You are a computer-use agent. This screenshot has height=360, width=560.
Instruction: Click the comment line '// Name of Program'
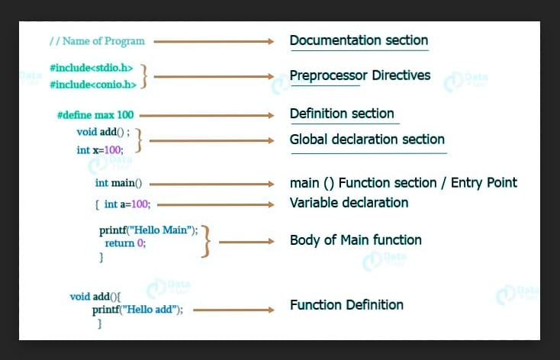point(96,40)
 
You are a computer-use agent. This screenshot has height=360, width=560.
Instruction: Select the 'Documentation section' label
point(359,40)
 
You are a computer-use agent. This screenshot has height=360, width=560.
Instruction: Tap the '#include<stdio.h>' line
point(92,67)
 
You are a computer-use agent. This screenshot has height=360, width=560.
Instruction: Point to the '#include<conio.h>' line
point(93,84)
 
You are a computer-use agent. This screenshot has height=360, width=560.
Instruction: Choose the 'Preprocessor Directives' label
point(360,75)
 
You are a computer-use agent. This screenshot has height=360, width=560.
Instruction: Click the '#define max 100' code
point(95,115)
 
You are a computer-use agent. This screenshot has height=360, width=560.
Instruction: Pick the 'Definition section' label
point(342,114)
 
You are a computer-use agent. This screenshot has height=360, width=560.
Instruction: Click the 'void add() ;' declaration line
point(103,132)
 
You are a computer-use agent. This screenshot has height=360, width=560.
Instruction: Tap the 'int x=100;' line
point(99,149)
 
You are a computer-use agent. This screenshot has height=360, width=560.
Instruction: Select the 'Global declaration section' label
point(367,140)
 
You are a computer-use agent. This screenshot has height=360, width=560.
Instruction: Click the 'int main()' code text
point(118,183)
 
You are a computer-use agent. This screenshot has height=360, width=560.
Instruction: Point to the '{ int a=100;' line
point(123,204)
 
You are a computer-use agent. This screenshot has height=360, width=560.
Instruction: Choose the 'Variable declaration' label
point(349,203)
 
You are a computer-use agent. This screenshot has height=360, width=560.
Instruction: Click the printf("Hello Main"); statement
point(148,230)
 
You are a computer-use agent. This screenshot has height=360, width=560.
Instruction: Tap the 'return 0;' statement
point(125,243)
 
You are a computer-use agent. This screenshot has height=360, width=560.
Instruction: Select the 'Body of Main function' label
point(356,240)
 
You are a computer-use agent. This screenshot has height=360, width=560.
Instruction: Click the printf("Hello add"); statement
point(138,310)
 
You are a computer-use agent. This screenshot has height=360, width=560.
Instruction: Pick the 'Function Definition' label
point(346,305)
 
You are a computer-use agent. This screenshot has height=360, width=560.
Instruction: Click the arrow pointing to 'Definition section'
point(206,115)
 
